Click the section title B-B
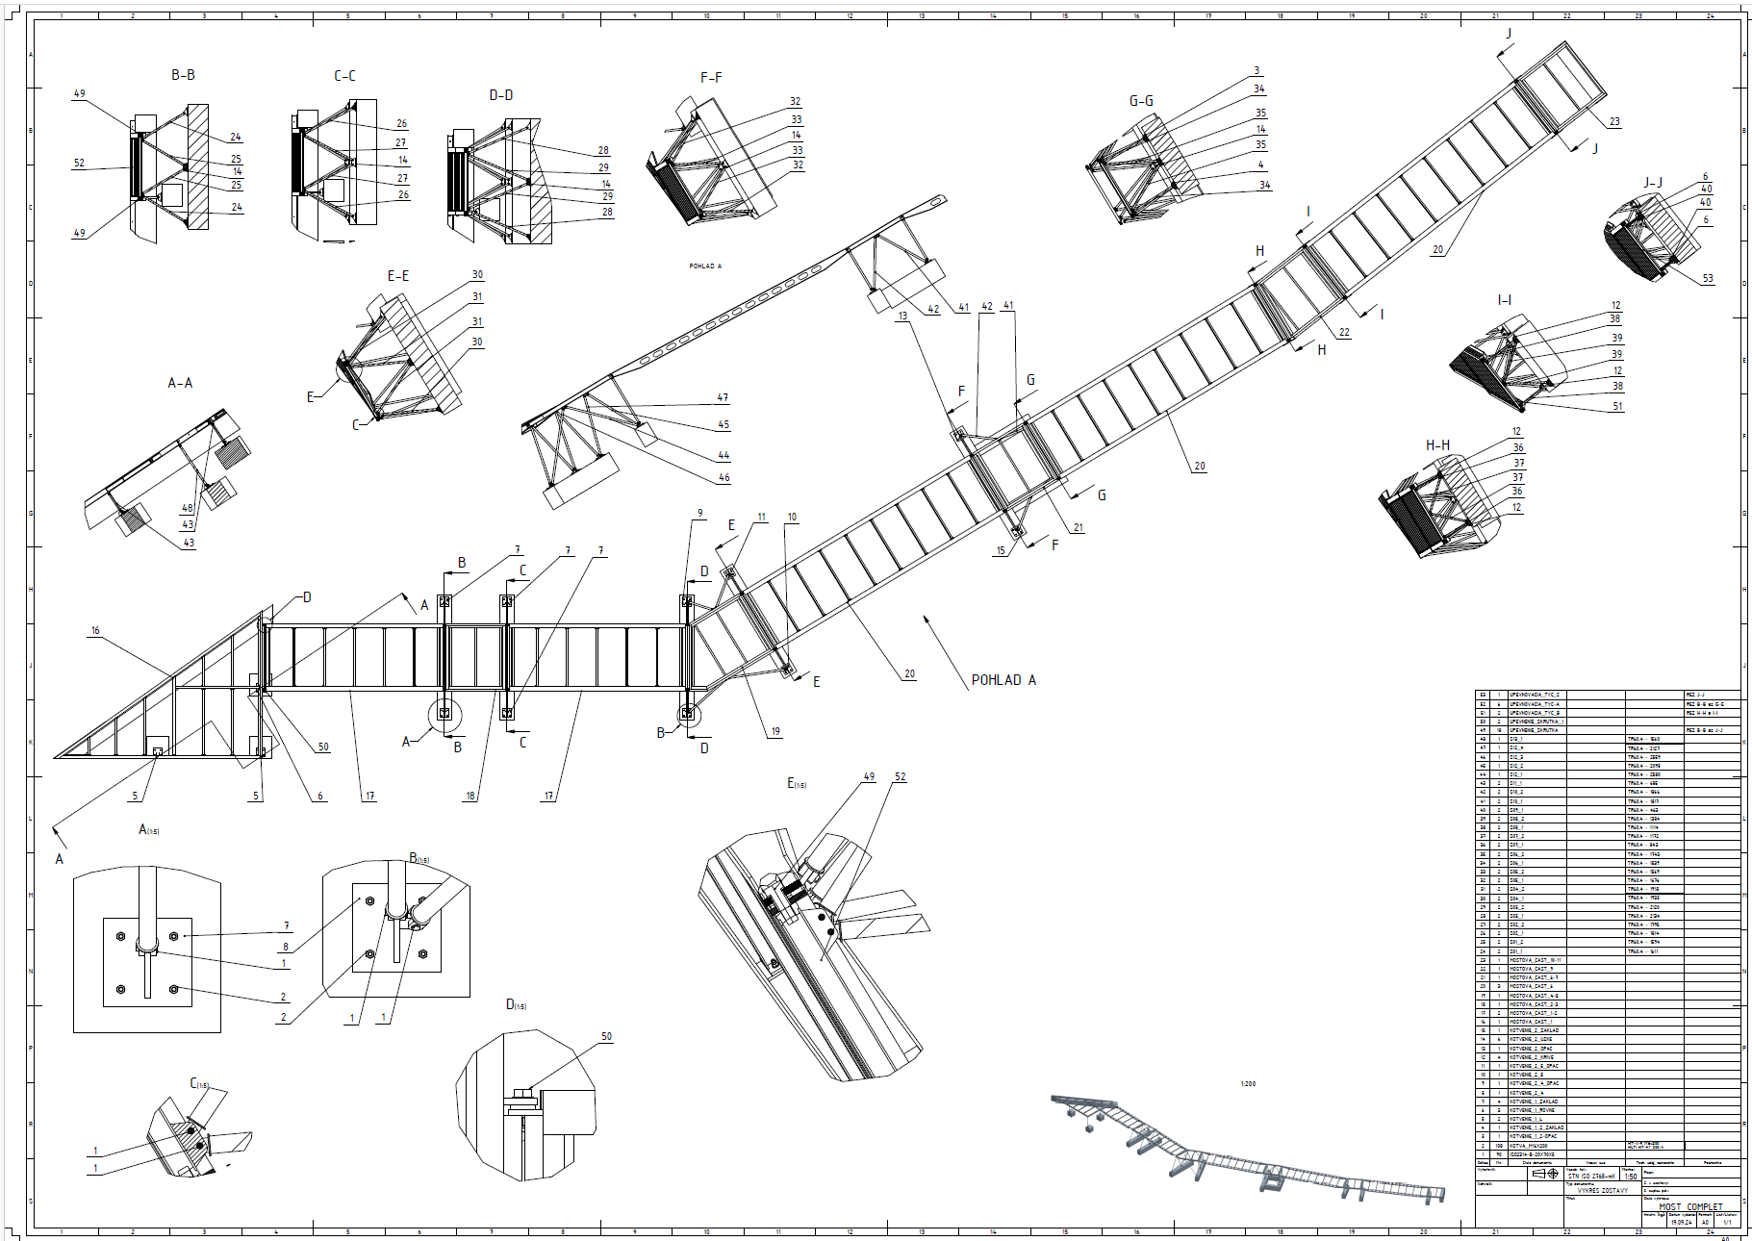[x=183, y=75]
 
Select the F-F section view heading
[x=711, y=78]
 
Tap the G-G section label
[x=1141, y=101]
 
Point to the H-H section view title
[x=1437, y=445]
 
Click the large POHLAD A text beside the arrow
[x=1003, y=680]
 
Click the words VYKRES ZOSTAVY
[x=1602, y=1190]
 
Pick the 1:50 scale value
[x=1631, y=1177]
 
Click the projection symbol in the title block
[x=1545, y=1175]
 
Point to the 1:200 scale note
[x=1248, y=1084]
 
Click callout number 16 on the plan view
[x=95, y=631]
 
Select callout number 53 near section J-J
[x=1708, y=279]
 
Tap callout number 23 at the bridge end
[x=1614, y=122]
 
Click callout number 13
[x=902, y=316]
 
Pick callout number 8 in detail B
[x=286, y=948]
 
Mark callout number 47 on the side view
[x=723, y=397]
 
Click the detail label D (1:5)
[x=516, y=1004]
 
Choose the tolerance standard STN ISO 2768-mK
[x=1591, y=1177]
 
